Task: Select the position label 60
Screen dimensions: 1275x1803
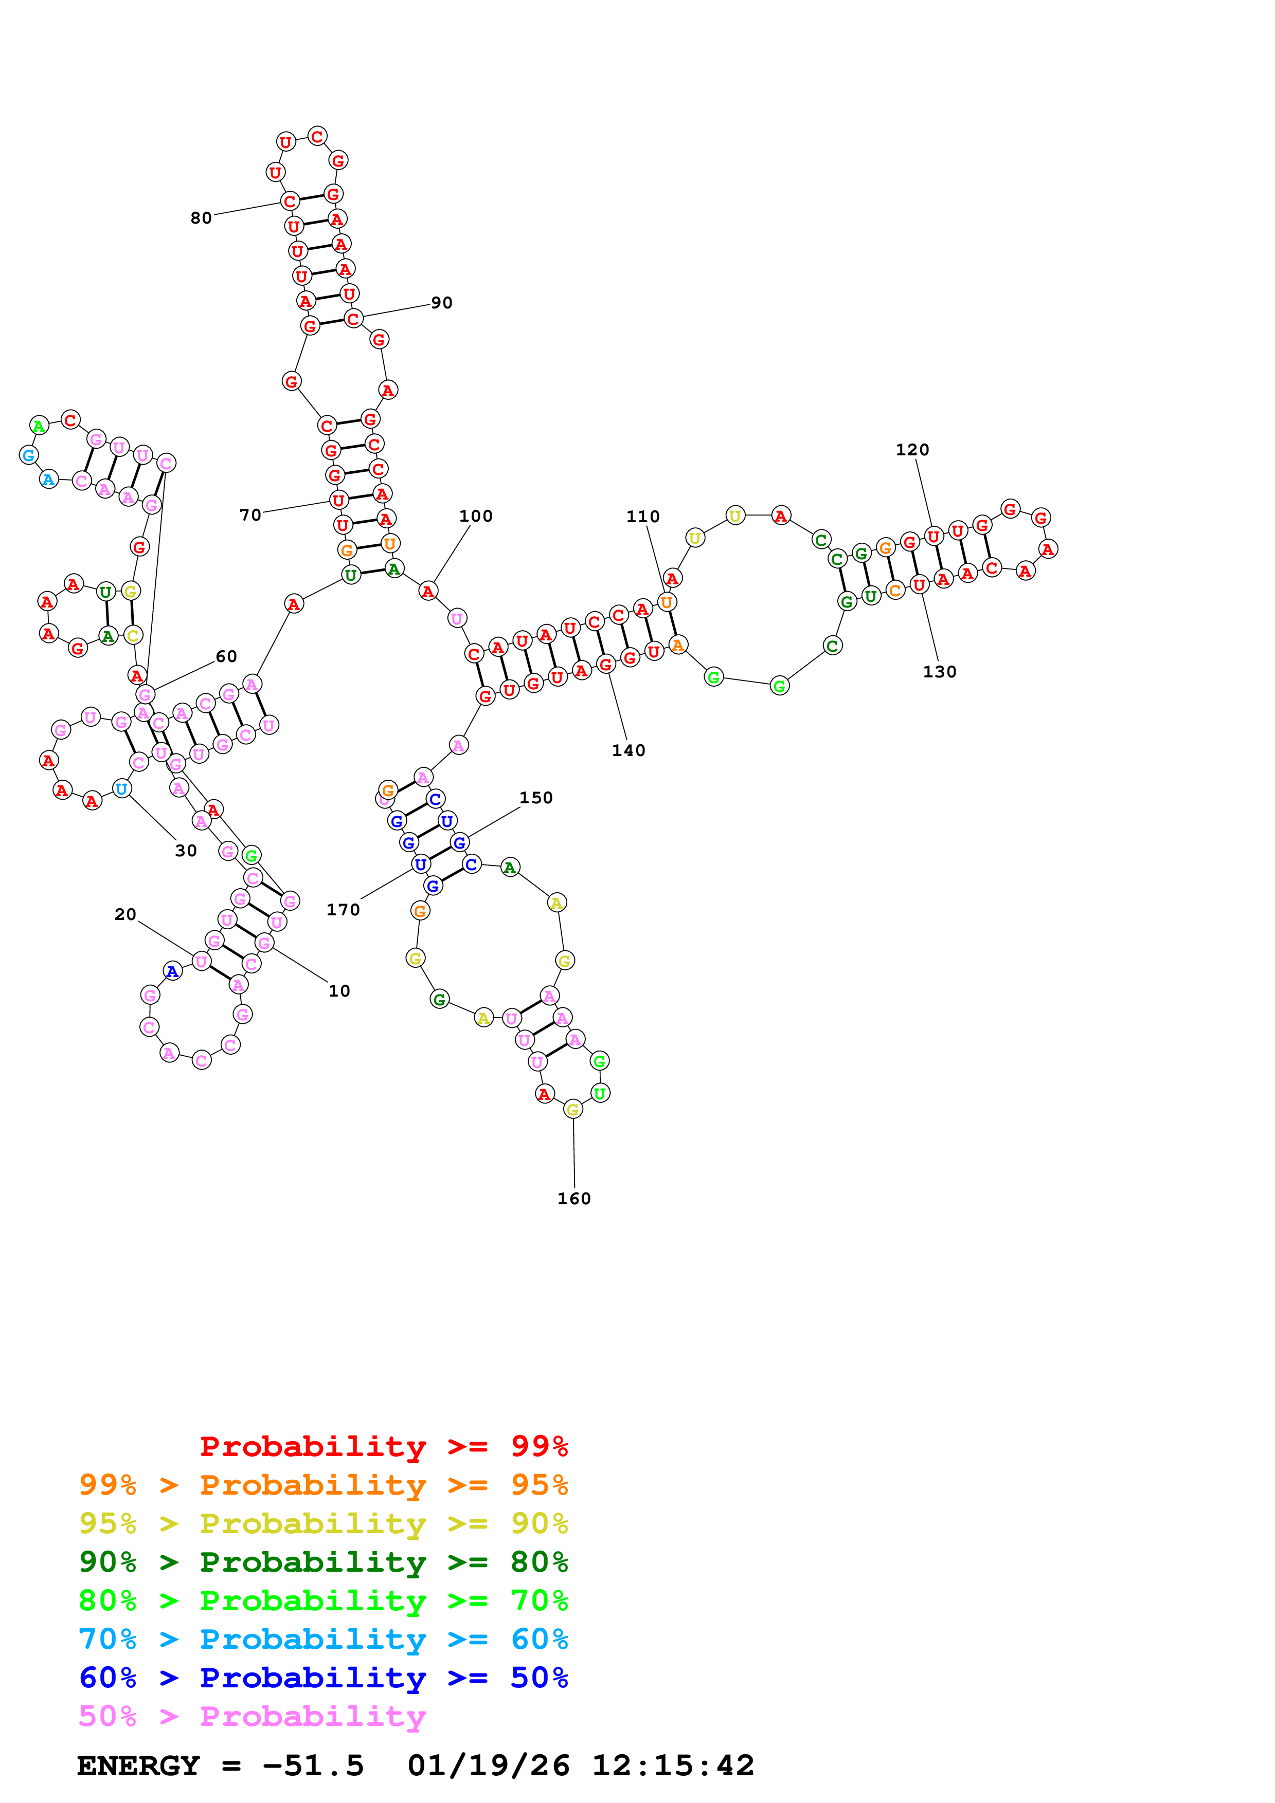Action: (x=226, y=656)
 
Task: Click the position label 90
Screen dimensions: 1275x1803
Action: (x=441, y=303)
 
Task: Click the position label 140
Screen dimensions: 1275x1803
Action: (x=628, y=751)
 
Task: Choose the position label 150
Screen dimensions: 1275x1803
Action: (x=536, y=798)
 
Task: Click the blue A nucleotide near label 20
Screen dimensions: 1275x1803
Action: (x=172, y=971)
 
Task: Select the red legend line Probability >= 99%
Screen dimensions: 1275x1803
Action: (x=383, y=1446)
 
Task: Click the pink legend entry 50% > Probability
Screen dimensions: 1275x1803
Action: (x=252, y=1716)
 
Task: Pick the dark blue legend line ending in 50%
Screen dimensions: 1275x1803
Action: (x=323, y=1678)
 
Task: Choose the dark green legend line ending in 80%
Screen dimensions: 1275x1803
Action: (x=323, y=1562)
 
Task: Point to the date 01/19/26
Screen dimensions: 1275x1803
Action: (x=488, y=1766)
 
